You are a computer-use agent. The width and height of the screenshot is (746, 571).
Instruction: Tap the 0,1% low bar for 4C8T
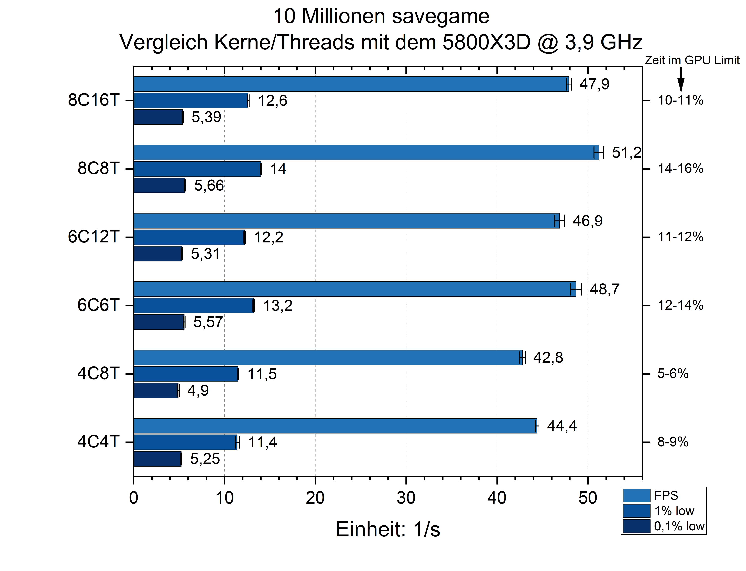point(156,390)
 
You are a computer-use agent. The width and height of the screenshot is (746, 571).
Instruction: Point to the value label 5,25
point(205,459)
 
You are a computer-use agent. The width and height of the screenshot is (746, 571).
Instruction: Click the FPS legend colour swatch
point(636,496)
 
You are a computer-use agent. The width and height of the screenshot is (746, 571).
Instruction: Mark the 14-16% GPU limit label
point(680,169)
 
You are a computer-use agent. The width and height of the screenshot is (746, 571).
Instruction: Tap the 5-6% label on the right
point(673,373)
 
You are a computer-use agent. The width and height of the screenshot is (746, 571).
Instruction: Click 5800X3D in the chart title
point(486,43)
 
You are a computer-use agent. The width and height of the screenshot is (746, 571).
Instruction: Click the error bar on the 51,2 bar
point(599,152)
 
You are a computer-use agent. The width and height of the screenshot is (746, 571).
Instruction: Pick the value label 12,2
point(269,237)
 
